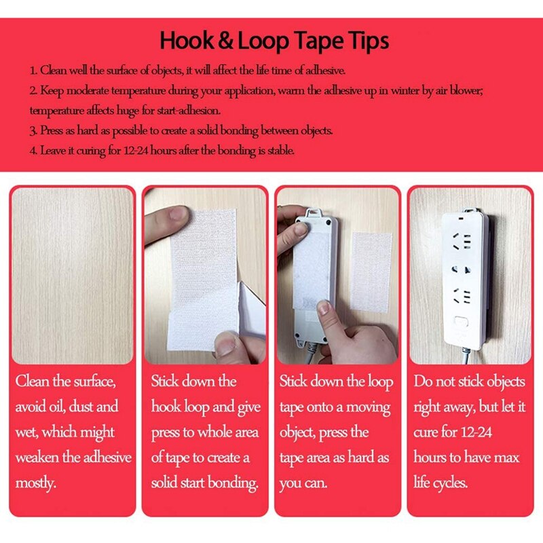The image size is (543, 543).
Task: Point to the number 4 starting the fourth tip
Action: (x=33, y=150)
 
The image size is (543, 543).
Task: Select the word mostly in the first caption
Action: (x=36, y=483)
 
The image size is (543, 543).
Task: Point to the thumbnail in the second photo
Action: (x=178, y=217)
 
